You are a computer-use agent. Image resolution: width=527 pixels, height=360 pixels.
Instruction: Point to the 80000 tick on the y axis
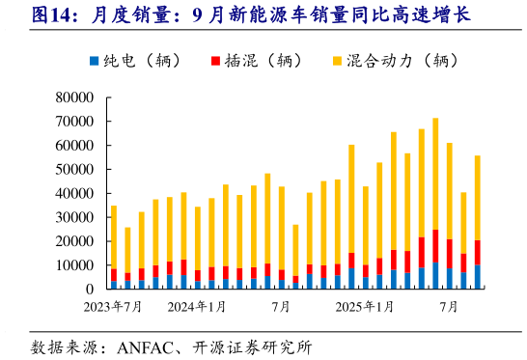(x=73, y=97)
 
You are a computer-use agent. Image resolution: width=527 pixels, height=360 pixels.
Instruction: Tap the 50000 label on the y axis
(x=73, y=169)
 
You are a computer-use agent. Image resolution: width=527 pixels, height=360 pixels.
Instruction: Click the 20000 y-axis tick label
(x=73, y=241)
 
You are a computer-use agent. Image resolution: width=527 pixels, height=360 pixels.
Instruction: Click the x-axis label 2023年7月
(x=113, y=307)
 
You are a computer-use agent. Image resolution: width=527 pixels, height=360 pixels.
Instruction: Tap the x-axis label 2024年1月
(x=197, y=307)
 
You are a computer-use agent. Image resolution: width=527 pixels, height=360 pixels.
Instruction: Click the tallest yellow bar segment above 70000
(x=435, y=174)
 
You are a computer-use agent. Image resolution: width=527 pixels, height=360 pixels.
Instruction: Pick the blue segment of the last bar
(x=477, y=277)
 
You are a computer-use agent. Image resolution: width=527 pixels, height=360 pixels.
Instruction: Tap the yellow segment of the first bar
(x=114, y=237)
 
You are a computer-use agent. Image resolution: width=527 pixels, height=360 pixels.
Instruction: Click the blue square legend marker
(x=94, y=61)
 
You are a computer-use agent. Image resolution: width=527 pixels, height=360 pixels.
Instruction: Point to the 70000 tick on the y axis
(x=73, y=122)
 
